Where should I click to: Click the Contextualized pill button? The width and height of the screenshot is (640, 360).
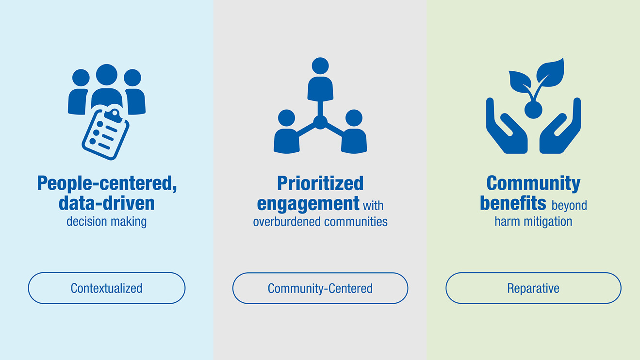107,288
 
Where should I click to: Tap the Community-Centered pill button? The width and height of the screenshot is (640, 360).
320,288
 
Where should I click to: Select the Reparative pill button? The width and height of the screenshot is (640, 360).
533,288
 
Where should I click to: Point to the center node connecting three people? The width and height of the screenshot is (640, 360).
320,122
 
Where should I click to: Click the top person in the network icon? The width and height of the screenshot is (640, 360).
320,80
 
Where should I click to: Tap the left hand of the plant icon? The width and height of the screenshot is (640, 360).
506,129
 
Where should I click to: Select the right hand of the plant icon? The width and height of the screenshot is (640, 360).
560,129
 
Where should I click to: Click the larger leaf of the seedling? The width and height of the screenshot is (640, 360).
551,73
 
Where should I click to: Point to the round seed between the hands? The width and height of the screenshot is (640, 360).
533,110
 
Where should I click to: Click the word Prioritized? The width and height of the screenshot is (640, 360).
320,183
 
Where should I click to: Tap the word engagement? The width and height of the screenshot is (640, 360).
308,204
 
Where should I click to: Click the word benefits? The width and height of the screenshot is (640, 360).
513,203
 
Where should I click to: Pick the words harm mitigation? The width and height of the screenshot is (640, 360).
533,222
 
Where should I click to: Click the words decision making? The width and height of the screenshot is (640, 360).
107,222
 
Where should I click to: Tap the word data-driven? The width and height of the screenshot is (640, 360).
107,203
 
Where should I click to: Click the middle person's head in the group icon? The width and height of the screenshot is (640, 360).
107,75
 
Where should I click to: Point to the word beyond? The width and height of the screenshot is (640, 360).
569,206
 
